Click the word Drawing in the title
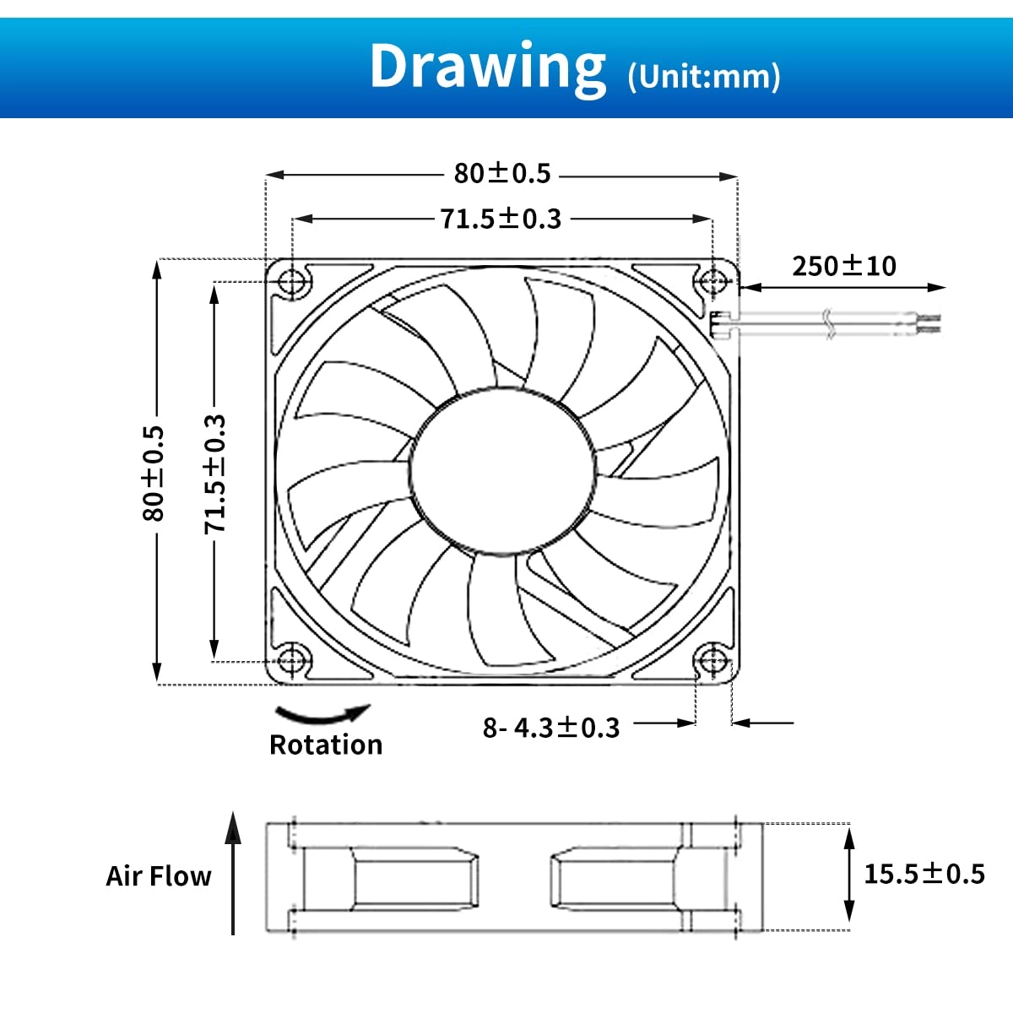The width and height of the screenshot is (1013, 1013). (x=488, y=66)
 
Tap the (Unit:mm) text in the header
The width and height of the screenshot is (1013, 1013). (x=704, y=77)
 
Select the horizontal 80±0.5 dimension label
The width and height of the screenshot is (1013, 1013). (x=502, y=173)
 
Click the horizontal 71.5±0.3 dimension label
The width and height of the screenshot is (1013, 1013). (x=501, y=219)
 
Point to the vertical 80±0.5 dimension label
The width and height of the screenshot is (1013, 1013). (x=154, y=473)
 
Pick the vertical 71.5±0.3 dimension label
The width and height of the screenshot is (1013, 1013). (x=215, y=474)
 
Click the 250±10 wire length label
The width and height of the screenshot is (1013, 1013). (x=843, y=266)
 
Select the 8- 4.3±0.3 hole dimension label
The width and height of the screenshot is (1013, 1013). (x=551, y=727)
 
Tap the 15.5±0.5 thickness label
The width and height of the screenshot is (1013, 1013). (x=924, y=873)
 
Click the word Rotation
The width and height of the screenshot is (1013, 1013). (x=326, y=745)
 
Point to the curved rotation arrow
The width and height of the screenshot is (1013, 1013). (x=323, y=716)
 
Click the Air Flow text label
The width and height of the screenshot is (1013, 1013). (x=158, y=876)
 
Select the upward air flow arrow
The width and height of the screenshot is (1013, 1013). (x=233, y=873)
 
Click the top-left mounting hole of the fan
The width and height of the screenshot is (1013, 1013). (x=292, y=281)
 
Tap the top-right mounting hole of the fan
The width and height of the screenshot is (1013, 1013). (x=712, y=281)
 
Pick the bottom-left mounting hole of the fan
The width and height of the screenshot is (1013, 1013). (x=292, y=658)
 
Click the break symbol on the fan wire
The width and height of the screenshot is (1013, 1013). (x=829, y=324)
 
